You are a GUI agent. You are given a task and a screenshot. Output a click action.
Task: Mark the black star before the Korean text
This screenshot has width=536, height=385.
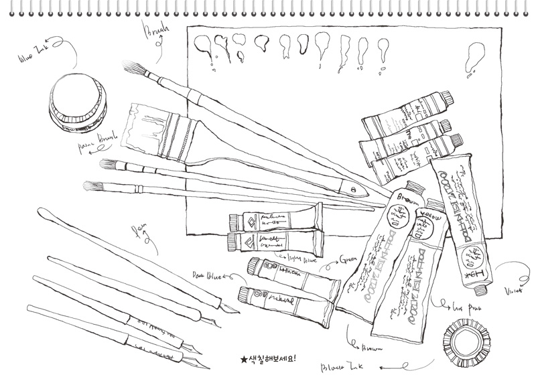tap(244, 359)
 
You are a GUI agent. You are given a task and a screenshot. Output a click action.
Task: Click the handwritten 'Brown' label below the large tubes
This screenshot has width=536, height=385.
tap(372, 348)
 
